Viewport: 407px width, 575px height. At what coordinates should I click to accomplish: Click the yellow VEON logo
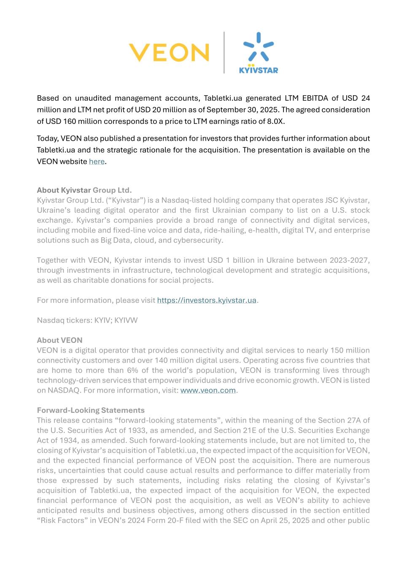(x=169, y=53)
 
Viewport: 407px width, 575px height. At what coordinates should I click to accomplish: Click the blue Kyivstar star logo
(x=259, y=53)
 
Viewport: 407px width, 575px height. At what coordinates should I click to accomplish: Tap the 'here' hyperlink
(x=97, y=162)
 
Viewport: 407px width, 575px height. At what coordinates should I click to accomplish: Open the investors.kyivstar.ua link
(x=207, y=300)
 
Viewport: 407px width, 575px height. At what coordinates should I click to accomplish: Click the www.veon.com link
(x=208, y=390)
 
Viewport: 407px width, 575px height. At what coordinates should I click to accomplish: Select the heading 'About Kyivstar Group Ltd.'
(x=84, y=190)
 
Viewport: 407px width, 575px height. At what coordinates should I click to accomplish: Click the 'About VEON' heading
(x=59, y=340)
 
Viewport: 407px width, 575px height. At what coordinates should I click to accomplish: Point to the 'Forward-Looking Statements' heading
(x=91, y=410)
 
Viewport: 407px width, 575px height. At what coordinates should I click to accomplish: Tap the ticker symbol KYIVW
(x=126, y=320)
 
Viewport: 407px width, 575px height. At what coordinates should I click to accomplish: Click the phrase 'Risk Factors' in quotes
(x=62, y=521)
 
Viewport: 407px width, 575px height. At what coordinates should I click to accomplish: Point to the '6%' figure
(x=131, y=370)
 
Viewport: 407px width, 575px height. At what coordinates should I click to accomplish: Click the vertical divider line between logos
(x=224, y=53)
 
